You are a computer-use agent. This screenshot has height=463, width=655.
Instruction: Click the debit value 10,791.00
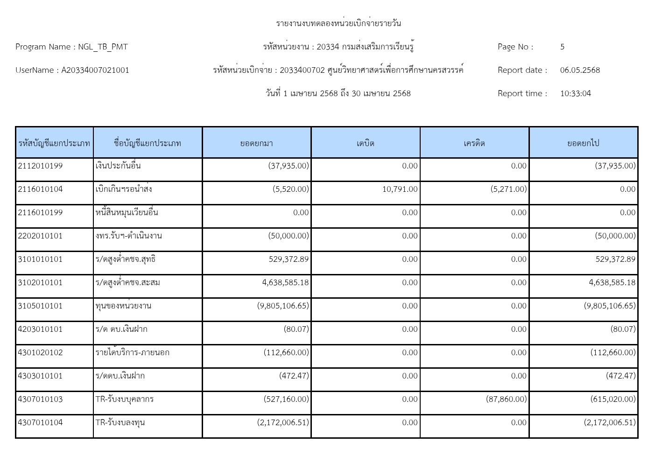click(x=400, y=189)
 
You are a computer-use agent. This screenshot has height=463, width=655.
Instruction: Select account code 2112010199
click(x=40, y=166)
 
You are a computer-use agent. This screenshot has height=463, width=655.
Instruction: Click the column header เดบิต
click(x=365, y=143)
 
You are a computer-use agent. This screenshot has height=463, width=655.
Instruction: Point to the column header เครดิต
click(x=474, y=143)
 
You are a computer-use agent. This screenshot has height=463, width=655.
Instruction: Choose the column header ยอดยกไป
click(x=583, y=143)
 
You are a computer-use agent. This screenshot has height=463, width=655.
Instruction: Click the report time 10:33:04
click(x=575, y=93)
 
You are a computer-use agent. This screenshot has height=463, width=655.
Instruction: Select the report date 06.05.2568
click(x=580, y=70)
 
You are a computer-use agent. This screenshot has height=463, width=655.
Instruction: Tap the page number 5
click(x=562, y=47)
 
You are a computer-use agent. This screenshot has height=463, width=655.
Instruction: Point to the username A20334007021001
click(x=95, y=70)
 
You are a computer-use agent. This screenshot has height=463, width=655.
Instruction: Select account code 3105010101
click(x=40, y=306)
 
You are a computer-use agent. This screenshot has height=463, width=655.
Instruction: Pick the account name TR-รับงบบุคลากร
click(x=125, y=399)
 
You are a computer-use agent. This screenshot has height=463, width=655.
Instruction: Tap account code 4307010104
click(x=40, y=422)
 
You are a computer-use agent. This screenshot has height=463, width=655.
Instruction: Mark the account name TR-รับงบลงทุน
click(x=120, y=422)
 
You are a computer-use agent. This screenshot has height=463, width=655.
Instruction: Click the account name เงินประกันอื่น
click(x=118, y=166)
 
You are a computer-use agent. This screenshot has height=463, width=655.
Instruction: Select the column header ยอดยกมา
click(x=256, y=143)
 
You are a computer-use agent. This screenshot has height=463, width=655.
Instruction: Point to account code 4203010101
click(x=40, y=329)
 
